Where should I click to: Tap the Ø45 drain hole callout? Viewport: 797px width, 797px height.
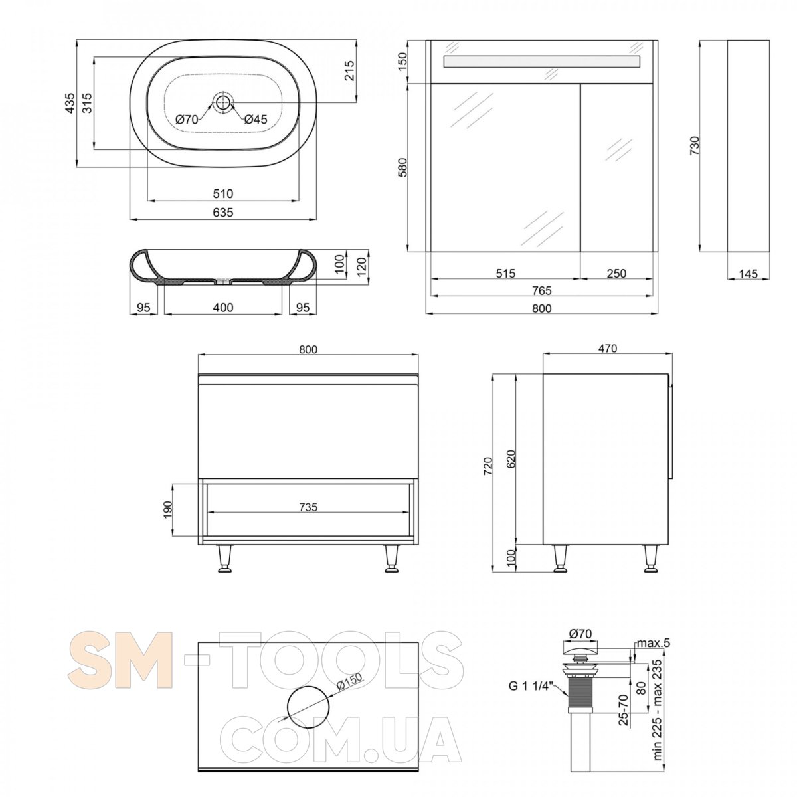click(256, 119)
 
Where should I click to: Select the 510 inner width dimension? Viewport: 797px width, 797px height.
click(223, 193)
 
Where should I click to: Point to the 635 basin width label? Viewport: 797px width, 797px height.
click(223, 212)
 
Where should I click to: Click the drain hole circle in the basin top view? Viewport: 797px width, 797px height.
click(223, 101)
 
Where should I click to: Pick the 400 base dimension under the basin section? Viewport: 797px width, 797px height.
click(223, 308)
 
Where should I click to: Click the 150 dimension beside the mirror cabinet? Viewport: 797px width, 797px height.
click(402, 62)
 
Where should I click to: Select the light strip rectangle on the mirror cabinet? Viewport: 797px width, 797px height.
click(542, 62)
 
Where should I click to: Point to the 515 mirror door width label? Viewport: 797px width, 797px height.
click(505, 273)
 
